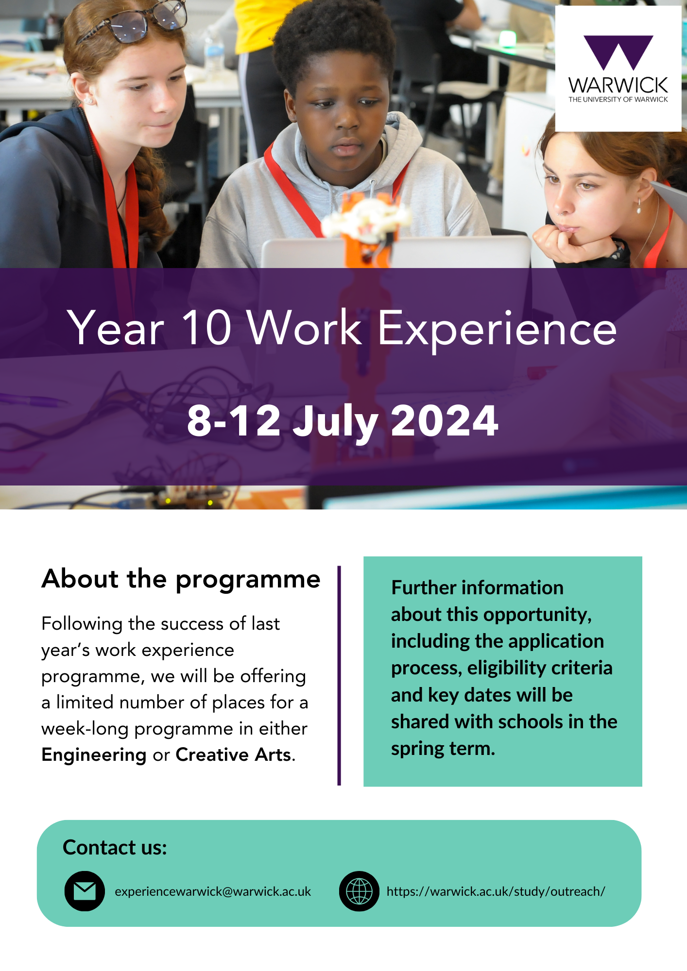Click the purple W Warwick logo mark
[618, 52]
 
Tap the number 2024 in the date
[445, 420]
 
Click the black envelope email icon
[85, 891]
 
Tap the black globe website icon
[359, 891]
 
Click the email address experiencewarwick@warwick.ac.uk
[213, 891]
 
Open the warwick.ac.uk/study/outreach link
[496, 891]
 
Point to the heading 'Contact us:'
[115, 847]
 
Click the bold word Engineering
[94, 755]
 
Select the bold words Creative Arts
[234, 754]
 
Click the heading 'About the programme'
[181, 580]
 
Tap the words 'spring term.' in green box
[443, 749]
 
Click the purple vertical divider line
[339, 675]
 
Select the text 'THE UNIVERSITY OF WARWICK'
[618, 100]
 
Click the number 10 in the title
[206, 328]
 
